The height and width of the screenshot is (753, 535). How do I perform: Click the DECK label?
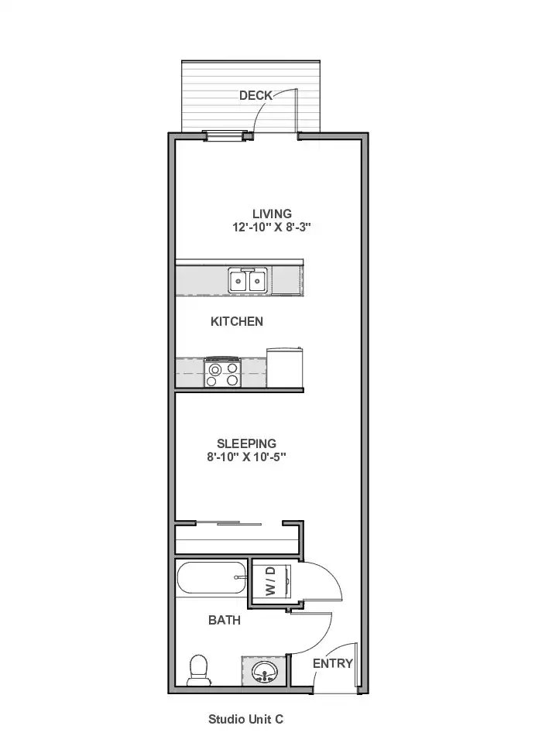pyautogui.click(x=255, y=95)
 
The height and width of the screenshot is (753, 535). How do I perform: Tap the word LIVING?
pyautogui.click(x=272, y=214)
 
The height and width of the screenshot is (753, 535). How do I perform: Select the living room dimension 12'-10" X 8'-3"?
pyautogui.click(x=272, y=228)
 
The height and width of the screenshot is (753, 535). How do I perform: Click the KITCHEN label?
pyautogui.click(x=237, y=321)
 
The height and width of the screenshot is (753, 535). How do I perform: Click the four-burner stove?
pyautogui.click(x=222, y=371)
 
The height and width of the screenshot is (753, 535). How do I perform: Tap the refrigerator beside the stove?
pyautogui.click(x=284, y=367)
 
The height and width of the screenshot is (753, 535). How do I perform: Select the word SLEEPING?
pyautogui.click(x=246, y=443)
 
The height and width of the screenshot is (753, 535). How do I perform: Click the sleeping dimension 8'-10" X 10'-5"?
pyautogui.click(x=246, y=457)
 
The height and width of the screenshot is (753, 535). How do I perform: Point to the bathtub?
pyautogui.click(x=211, y=578)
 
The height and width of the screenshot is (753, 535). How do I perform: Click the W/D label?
pyautogui.click(x=271, y=580)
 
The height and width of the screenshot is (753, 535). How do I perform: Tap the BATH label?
pyautogui.click(x=225, y=620)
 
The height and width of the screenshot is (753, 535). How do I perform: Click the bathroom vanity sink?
pyautogui.click(x=264, y=671)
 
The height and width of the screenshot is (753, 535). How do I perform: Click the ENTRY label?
pyautogui.click(x=333, y=663)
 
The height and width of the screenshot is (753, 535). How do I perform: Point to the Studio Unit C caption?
pyautogui.click(x=246, y=719)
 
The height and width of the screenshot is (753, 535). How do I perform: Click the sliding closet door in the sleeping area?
pyautogui.click(x=228, y=523)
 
